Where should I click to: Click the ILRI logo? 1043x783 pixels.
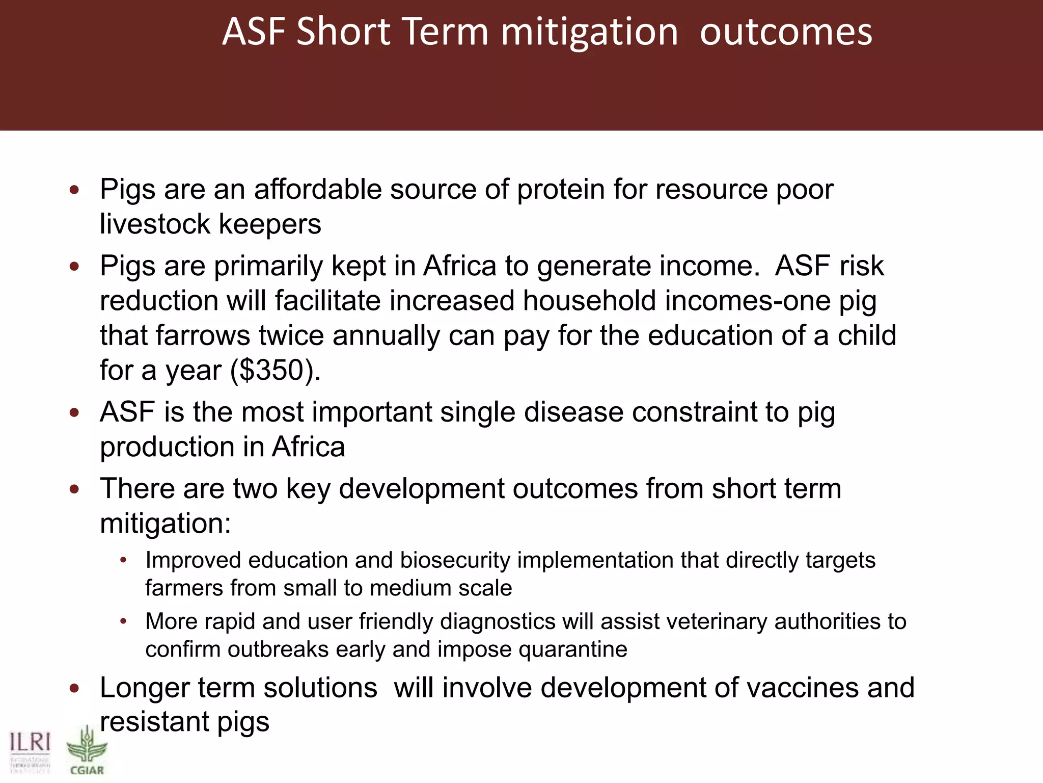point(30,752)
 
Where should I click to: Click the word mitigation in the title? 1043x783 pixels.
point(589,32)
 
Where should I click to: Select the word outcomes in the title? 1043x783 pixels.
point(786,32)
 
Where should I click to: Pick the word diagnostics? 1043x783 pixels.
point(498,621)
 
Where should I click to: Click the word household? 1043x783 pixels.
point(589,301)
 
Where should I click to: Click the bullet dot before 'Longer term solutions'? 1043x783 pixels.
point(74,689)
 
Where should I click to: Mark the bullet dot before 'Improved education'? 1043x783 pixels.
point(123,561)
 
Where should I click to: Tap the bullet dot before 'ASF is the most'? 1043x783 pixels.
point(74,412)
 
